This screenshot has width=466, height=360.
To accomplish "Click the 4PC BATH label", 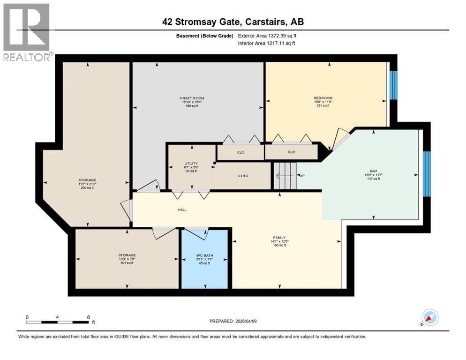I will click(205, 255).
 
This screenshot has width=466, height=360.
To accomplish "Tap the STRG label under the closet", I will click(242, 176).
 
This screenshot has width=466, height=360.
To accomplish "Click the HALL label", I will click(182, 210).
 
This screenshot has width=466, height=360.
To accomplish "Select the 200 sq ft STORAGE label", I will click(87, 180).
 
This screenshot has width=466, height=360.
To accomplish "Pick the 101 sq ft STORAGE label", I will click(127, 255).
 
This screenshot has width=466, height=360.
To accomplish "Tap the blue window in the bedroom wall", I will click(393, 85).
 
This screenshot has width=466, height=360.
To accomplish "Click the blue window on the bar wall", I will click(426, 174).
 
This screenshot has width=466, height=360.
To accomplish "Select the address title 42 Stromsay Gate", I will click(233, 22).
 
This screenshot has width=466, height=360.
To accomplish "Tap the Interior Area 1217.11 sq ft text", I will click(267, 44).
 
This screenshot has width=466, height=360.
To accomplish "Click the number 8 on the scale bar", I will click(88, 317).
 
